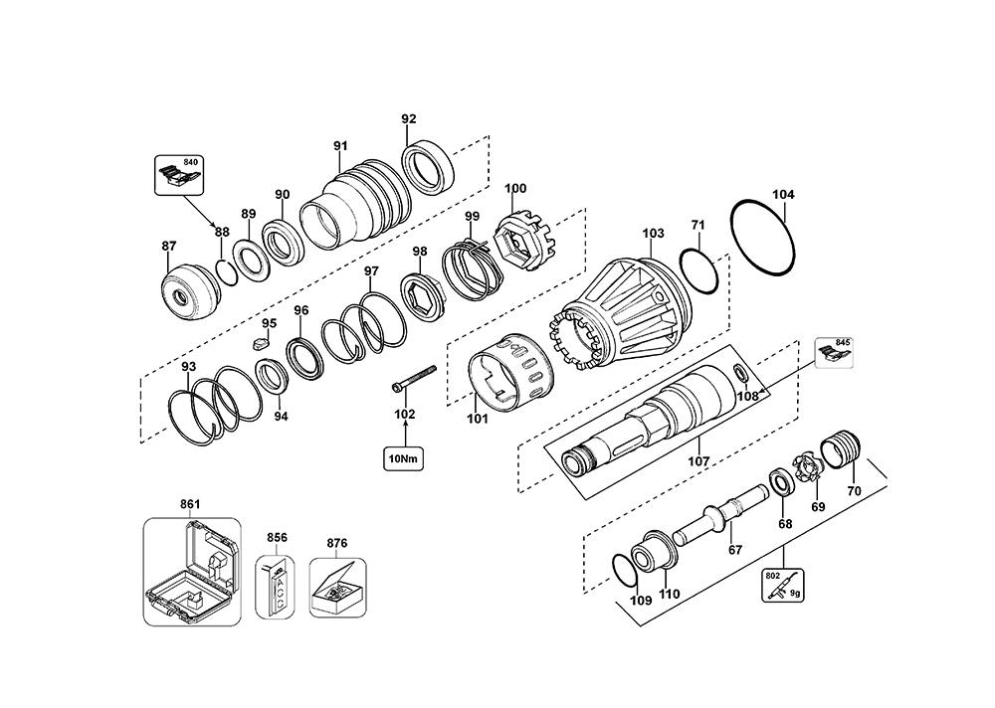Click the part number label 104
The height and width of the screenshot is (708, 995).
click(x=784, y=196)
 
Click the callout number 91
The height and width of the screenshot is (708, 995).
click(x=341, y=147)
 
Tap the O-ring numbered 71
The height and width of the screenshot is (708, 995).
click(x=698, y=271)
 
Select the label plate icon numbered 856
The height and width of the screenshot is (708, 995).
click(x=276, y=586)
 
